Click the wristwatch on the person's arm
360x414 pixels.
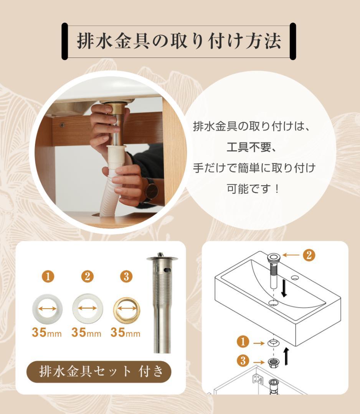click(x=150, y=191)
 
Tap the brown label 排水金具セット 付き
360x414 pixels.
click(x=99, y=371)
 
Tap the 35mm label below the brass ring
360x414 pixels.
click(x=126, y=333)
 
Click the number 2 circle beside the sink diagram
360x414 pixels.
click(x=309, y=255)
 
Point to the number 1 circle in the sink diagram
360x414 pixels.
click(x=244, y=341)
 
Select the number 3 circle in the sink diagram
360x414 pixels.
click(x=244, y=361)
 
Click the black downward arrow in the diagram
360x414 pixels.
click(x=284, y=288)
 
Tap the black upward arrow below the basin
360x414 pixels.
click(x=286, y=356)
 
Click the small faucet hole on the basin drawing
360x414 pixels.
click(x=295, y=277)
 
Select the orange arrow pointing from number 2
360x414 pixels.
click(x=292, y=255)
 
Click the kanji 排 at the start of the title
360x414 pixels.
click(x=85, y=41)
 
